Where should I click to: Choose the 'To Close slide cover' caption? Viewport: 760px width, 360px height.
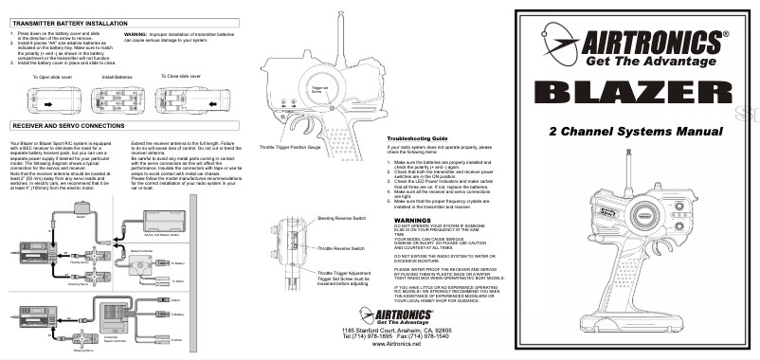(183, 75)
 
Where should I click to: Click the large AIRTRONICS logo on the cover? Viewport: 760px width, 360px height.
(646, 42)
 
